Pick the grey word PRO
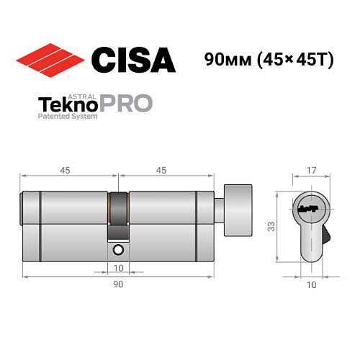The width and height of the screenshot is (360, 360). pyautogui.click(x=130, y=102)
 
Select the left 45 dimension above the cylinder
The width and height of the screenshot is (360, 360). pyautogui.click(x=65, y=170)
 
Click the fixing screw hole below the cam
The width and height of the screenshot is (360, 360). pyautogui.click(x=118, y=250)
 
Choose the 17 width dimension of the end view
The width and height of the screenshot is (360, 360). pyautogui.click(x=311, y=170)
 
